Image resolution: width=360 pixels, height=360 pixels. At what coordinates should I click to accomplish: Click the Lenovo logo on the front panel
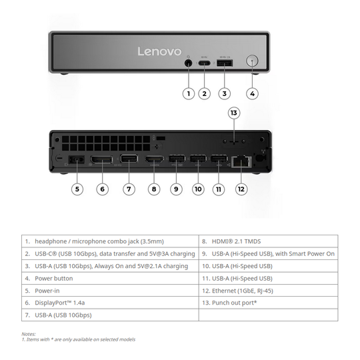coord(159,51)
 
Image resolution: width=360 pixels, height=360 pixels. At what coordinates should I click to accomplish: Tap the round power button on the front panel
coord(252,61)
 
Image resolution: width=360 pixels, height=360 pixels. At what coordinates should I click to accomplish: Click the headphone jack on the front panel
coord(189,63)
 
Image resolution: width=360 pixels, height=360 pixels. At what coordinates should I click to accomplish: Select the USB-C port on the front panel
coord(205,63)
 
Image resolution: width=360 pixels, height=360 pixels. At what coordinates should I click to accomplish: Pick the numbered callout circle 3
coord(224,94)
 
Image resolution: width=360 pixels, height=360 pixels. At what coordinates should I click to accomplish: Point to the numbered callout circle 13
coord(234,113)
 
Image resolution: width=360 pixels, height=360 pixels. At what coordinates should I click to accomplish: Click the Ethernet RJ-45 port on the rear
coord(241,161)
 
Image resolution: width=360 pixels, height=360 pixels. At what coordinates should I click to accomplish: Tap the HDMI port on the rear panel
coord(154,160)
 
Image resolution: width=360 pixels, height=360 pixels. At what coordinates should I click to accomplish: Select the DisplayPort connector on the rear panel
coord(101,159)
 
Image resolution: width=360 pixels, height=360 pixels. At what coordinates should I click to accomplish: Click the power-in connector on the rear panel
coord(77,160)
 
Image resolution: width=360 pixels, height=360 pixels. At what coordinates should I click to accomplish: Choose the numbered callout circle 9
coord(176,189)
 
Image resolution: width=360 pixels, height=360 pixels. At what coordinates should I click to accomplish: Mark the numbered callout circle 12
coord(241,189)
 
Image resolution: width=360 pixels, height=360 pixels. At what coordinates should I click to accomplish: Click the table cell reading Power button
coord(110,278)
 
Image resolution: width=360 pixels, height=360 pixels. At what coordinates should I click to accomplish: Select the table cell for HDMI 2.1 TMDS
coord(268,241)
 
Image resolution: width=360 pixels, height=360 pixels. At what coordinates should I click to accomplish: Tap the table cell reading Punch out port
coord(268,303)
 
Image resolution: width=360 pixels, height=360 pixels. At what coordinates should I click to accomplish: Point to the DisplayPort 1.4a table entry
coord(110,303)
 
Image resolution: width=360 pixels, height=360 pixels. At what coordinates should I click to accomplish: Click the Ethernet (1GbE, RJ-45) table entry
coord(268,291)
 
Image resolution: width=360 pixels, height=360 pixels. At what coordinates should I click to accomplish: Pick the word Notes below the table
coord(29,334)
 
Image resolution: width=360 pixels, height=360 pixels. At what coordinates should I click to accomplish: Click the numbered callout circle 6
coord(102,189)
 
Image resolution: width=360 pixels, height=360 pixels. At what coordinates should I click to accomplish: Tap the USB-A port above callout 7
coord(129,159)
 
